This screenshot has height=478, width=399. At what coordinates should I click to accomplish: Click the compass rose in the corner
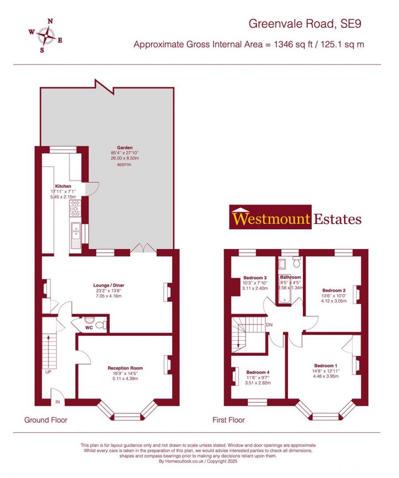pyautogui.click(x=46, y=35)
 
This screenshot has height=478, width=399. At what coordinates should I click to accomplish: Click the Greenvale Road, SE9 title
pyautogui.click(x=305, y=24)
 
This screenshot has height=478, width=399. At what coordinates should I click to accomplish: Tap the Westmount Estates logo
pyautogui.click(x=295, y=217)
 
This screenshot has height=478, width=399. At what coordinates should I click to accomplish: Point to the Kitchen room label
pyautogui.click(x=63, y=186)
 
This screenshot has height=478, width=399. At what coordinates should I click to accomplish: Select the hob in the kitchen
pyautogui.click(x=75, y=208)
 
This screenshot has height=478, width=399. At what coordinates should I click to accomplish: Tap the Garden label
pyautogui.click(x=125, y=147)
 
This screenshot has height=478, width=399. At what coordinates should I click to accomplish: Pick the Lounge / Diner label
pyautogui.click(x=109, y=285)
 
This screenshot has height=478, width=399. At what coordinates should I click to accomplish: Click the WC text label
pyautogui.click(x=89, y=328)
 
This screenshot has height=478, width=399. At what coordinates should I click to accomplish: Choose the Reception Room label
pyautogui.click(x=125, y=368)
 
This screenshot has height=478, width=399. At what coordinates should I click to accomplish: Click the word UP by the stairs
pyautogui.click(x=48, y=372)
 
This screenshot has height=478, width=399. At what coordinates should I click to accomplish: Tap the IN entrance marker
pyautogui.click(x=57, y=402)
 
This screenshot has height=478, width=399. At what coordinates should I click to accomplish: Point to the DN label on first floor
pyautogui.click(x=269, y=325)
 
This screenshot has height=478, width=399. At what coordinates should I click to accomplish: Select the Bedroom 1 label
pyautogui.click(x=326, y=366)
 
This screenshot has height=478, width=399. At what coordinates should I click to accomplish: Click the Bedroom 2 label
pyautogui.click(x=334, y=290)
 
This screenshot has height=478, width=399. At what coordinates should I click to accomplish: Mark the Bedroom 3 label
pyautogui.click(x=255, y=278)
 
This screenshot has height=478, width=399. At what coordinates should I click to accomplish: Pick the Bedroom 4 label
pyautogui.click(x=258, y=372)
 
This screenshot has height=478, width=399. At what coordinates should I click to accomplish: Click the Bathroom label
pyautogui.click(x=290, y=277)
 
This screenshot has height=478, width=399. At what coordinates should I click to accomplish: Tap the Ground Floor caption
pyautogui.click(x=46, y=420)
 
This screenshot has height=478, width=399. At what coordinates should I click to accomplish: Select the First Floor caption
pyautogui.click(x=228, y=420)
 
